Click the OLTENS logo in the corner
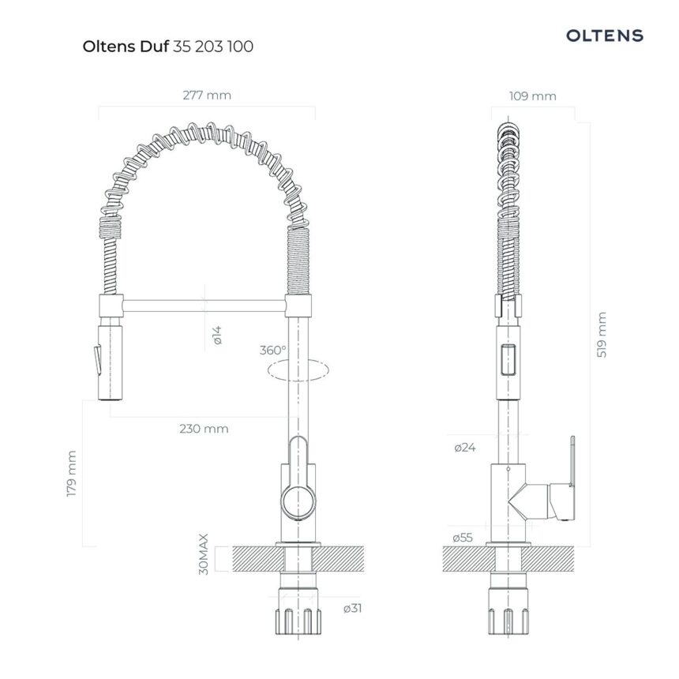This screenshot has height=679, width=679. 605,36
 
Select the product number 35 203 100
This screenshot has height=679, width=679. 213,47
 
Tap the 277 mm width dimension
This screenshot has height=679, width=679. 207,96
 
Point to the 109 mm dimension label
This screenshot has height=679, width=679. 533,96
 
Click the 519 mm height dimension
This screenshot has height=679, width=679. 602,335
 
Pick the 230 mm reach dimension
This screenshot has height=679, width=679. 204,429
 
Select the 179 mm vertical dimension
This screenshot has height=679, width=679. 72,474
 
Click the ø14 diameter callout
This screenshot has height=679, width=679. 217,336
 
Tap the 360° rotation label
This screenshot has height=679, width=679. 273,350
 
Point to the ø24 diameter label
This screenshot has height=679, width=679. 465,448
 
